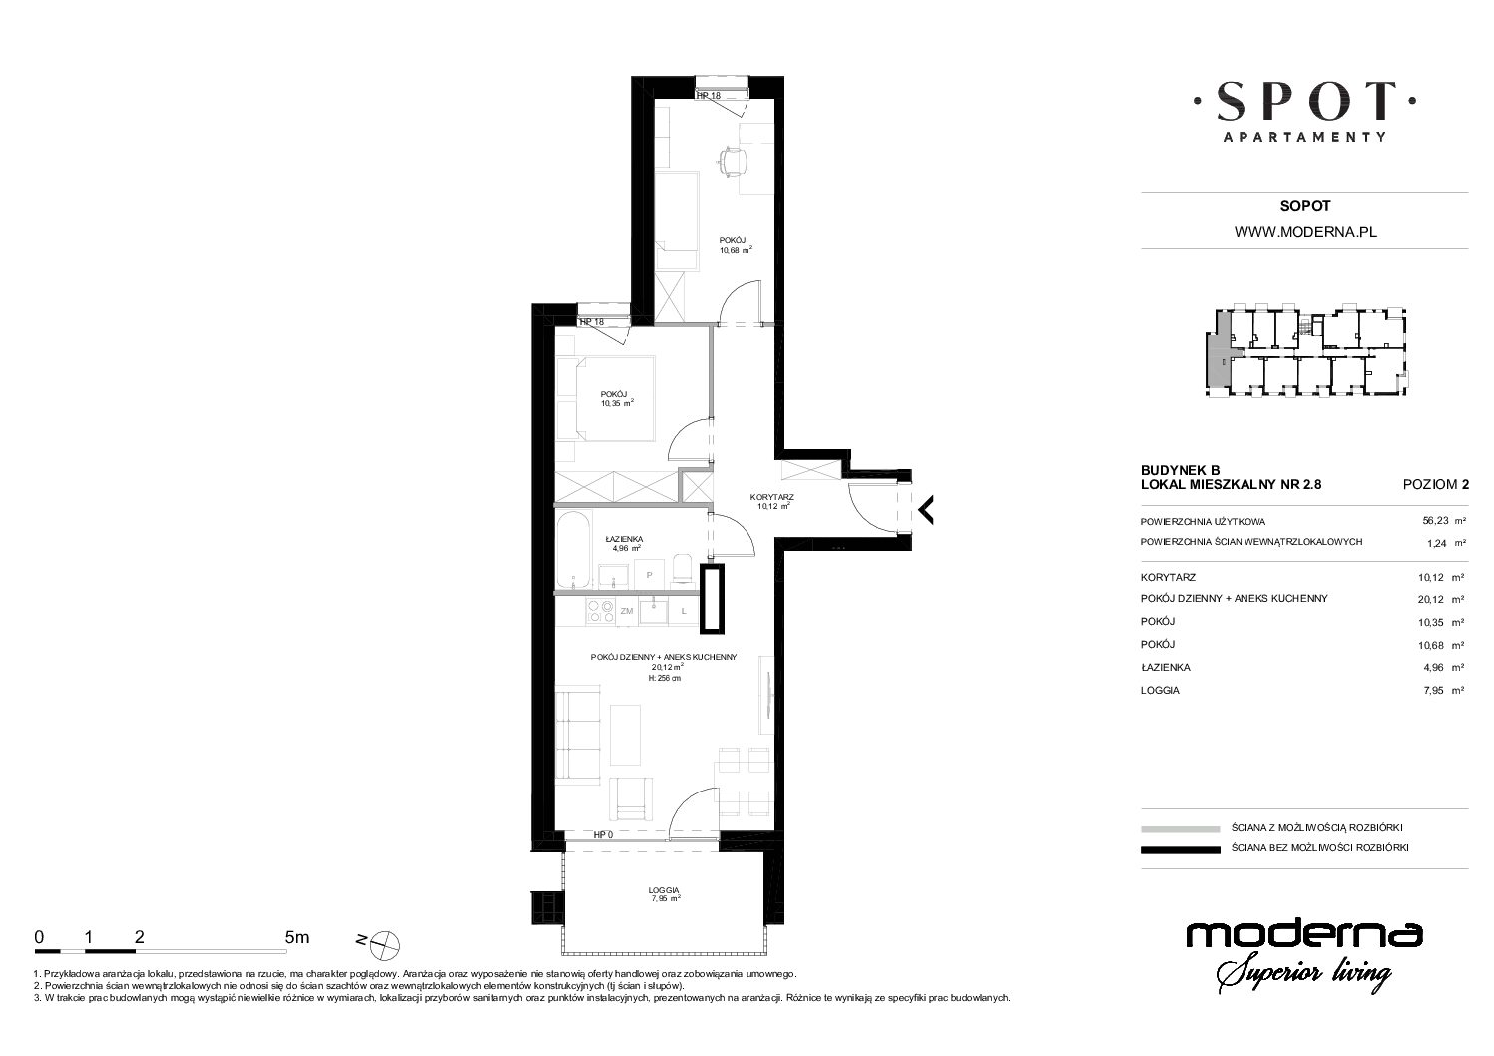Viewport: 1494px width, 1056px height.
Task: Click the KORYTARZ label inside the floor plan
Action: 771,497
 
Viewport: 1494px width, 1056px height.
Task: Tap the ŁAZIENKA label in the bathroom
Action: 624,539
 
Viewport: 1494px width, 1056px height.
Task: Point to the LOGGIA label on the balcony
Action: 663,890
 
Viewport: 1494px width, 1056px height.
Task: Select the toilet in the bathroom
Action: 684,570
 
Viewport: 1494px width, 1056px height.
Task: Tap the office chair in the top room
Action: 732,161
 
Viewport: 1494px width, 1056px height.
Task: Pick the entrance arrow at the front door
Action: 926,510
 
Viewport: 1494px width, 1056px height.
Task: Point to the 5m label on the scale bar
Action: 297,937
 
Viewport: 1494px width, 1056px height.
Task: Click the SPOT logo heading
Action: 1304,102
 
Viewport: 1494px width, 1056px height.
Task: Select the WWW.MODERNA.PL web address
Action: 1305,232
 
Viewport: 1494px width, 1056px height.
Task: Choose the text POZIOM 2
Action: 1435,485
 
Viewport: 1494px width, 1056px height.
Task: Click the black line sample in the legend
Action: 1181,849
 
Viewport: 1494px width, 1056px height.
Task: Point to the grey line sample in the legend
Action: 1181,829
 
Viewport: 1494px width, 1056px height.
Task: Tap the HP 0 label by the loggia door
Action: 603,834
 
